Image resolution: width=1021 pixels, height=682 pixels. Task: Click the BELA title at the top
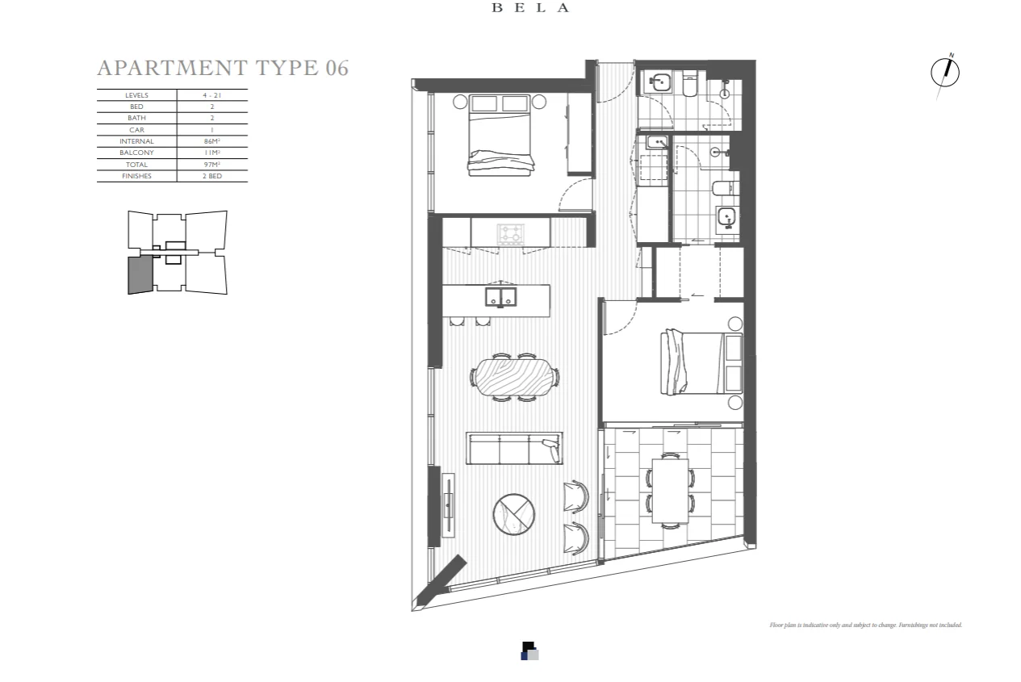(x=531, y=8)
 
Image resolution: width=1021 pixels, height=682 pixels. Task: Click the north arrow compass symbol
(x=944, y=73)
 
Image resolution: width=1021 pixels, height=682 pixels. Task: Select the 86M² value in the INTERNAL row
(x=212, y=141)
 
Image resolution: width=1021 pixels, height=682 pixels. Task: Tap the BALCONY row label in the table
(x=136, y=153)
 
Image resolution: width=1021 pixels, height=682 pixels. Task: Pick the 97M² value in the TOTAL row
(x=212, y=165)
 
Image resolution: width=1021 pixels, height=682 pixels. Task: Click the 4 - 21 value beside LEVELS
(x=212, y=95)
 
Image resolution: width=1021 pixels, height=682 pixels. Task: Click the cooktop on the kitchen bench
(x=510, y=234)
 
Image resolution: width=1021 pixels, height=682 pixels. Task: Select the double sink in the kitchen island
(x=501, y=297)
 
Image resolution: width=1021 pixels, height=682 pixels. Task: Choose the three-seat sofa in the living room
(x=514, y=449)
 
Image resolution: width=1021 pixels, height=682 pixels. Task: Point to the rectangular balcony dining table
(x=670, y=490)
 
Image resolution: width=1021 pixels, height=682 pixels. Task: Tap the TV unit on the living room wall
(x=448, y=504)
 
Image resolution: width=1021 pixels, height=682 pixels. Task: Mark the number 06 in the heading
(x=337, y=67)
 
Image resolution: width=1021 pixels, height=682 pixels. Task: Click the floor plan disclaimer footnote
(x=865, y=625)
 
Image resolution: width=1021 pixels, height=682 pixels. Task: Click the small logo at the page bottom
(x=529, y=651)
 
